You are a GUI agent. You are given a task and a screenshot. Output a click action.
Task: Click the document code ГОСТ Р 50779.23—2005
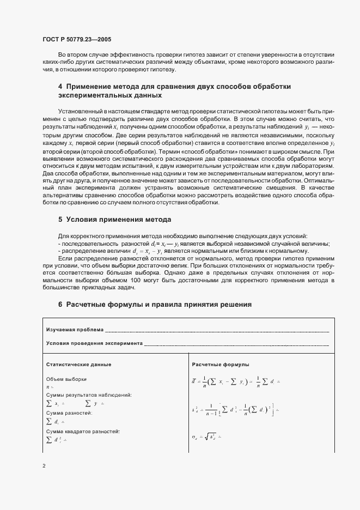click(77, 39)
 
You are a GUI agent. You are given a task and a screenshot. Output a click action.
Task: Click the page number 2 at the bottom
click(44, 466)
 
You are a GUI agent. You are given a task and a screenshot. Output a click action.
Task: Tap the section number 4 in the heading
click(60, 87)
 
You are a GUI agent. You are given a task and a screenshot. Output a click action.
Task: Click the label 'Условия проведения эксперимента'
click(93, 344)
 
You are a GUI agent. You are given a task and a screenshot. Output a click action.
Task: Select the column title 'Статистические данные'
click(79, 364)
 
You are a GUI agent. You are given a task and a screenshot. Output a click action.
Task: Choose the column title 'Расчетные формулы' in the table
click(221, 364)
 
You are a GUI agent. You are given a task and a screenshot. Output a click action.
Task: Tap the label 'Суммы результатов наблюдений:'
click(88, 394)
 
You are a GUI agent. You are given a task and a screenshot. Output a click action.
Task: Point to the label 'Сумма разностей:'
click(69, 413)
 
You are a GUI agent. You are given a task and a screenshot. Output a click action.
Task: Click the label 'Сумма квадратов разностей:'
click(83, 432)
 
